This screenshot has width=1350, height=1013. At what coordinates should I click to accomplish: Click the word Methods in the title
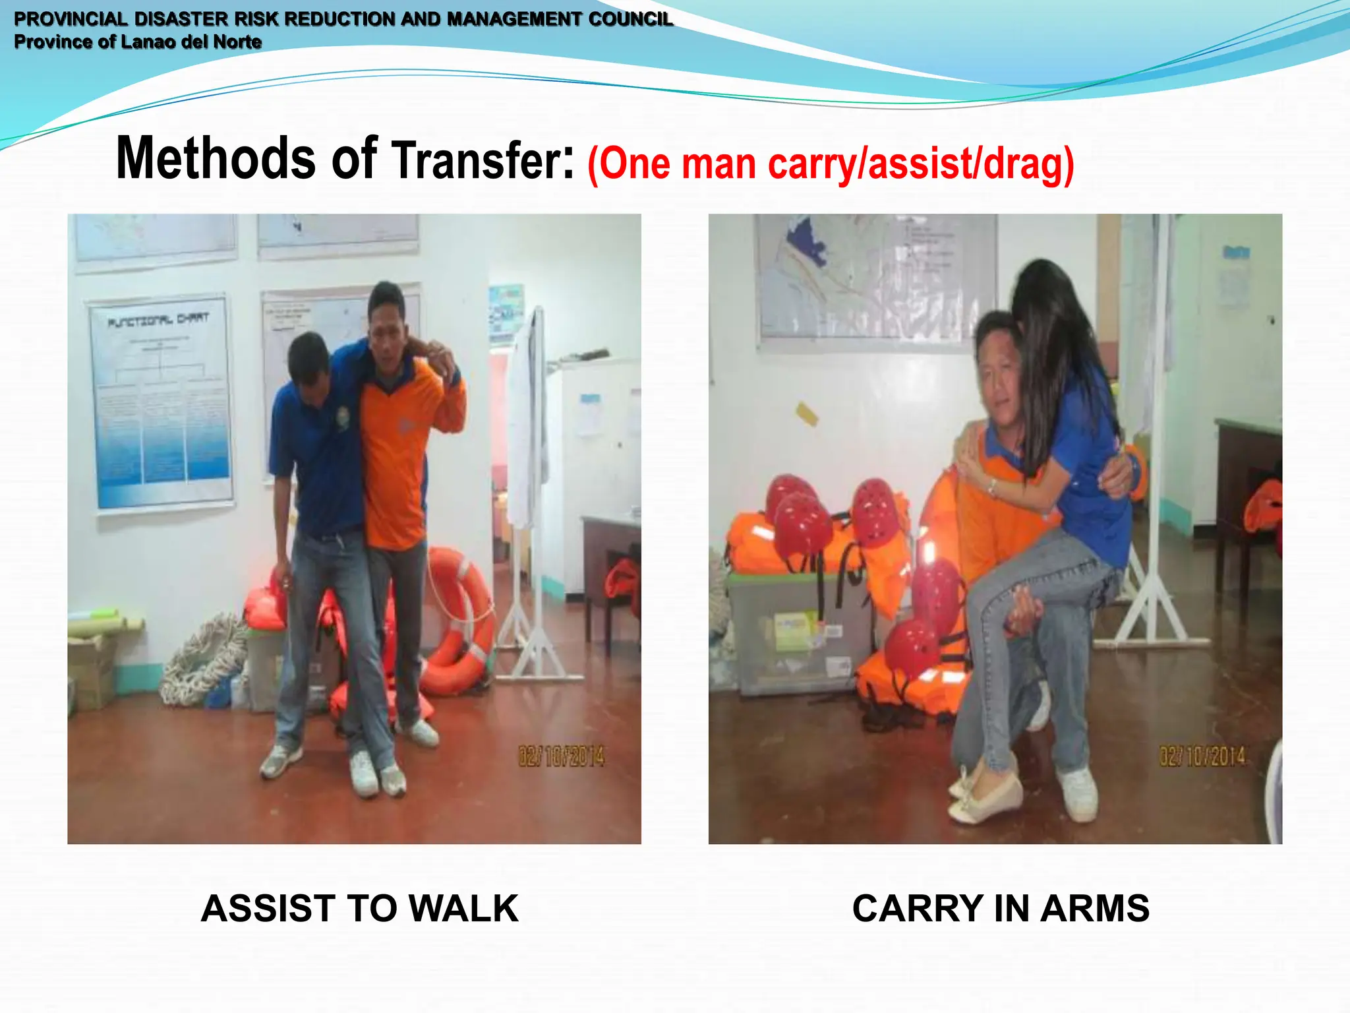coord(215,158)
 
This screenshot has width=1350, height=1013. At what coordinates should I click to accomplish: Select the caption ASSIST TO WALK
coord(360,909)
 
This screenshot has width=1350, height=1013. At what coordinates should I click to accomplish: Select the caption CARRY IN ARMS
coord(1001,909)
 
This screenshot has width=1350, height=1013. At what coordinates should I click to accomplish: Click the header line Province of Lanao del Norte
coord(138,42)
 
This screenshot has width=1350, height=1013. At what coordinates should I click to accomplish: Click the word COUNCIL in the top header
coord(631,19)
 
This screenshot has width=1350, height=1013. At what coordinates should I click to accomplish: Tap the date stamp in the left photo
coord(561,756)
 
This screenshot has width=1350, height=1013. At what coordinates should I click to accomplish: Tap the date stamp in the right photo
coord(1202,756)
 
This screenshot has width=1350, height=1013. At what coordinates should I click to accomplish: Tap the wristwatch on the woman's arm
coord(991,487)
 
